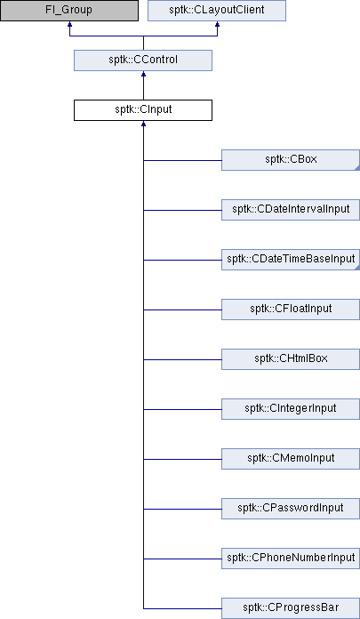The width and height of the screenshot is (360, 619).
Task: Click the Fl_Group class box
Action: click(x=69, y=11)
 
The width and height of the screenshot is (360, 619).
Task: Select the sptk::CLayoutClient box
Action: click(x=217, y=11)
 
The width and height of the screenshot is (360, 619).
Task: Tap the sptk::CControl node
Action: click(x=143, y=60)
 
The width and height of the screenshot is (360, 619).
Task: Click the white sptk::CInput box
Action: click(x=143, y=110)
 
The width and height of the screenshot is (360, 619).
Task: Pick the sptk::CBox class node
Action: click(x=291, y=160)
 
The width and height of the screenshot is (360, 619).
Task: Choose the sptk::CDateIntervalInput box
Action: click(x=291, y=210)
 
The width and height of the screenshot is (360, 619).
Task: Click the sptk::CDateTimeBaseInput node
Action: click(x=291, y=260)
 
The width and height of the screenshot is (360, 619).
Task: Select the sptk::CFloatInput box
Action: click(x=291, y=309)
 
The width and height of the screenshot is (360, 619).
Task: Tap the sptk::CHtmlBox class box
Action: click(x=291, y=358)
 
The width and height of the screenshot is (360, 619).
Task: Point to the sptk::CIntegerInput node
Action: click(x=291, y=408)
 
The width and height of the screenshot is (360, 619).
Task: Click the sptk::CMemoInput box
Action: click(x=291, y=458)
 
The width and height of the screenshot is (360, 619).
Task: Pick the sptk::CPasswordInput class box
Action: click(x=291, y=508)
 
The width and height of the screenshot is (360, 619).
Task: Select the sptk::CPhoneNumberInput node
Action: click(x=291, y=558)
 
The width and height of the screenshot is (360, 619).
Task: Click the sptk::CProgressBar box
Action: click(x=291, y=607)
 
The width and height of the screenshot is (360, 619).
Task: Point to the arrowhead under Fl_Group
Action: click(x=69, y=24)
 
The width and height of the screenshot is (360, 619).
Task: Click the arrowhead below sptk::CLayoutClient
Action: click(x=217, y=24)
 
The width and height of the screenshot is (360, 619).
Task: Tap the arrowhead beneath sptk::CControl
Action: click(x=143, y=74)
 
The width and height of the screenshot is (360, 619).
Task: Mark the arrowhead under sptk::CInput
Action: click(x=143, y=124)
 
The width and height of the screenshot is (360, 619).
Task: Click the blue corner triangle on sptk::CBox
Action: click(x=357, y=169)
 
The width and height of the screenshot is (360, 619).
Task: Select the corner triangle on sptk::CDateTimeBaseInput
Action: click(x=357, y=268)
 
